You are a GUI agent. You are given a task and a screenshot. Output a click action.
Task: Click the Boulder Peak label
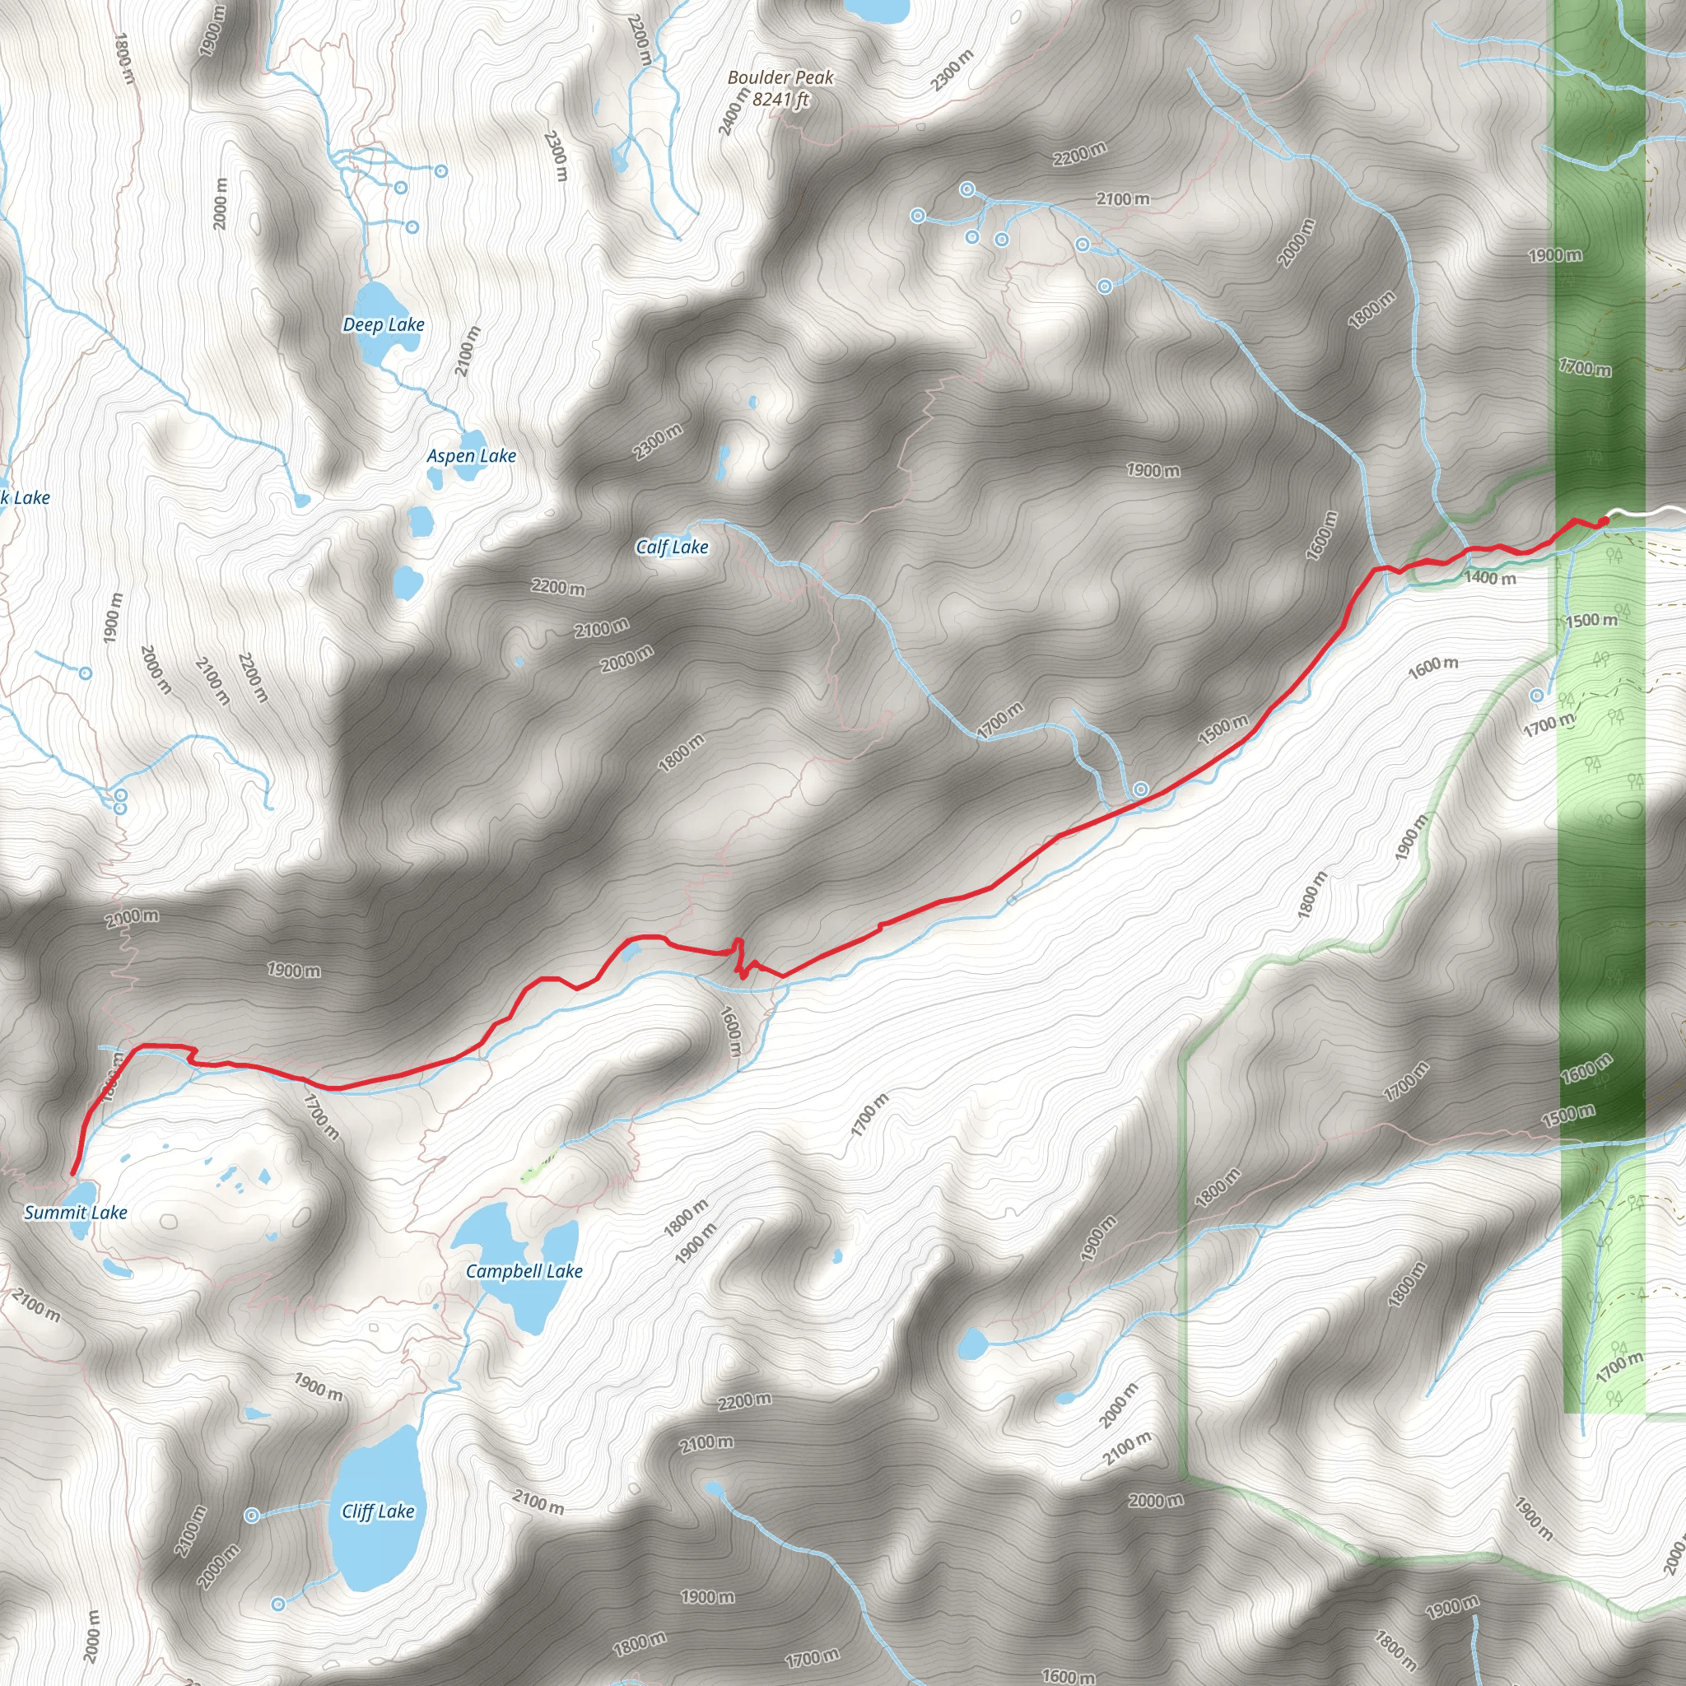coord(780,77)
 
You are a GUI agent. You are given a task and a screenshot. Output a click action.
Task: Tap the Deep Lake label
coord(383,324)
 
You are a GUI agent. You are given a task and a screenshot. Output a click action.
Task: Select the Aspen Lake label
coord(471,455)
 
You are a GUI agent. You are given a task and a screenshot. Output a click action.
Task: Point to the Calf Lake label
coord(671,547)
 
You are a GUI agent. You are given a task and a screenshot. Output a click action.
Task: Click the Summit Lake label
coord(76,1212)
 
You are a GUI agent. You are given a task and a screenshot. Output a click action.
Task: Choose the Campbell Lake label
coord(524,1271)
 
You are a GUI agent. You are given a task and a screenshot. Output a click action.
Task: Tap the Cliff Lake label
coord(378,1511)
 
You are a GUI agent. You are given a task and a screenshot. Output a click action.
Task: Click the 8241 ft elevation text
coord(780,100)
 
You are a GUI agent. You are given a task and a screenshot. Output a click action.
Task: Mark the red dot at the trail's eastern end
coord(1604,522)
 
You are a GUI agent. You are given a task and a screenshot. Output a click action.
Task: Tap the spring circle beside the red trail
coord(1140,789)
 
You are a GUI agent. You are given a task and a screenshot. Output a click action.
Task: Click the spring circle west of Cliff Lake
coord(251,1516)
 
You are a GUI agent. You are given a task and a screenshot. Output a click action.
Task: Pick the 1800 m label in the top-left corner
coord(125,58)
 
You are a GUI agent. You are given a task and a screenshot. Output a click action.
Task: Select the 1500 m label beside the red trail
coord(1223,729)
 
